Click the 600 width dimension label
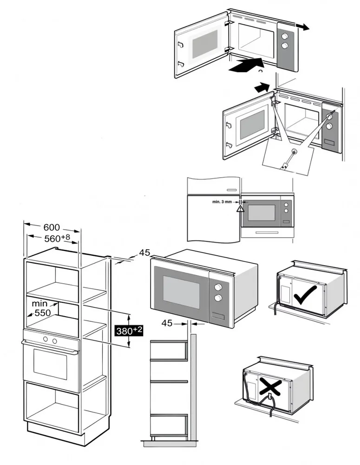coord(52,227)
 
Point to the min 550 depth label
coord(41,308)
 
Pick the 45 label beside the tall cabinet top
coord(144,253)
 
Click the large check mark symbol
coord(305,295)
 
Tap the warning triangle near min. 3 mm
coord(240,209)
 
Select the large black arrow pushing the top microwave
coord(245,66)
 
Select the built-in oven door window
coord(50,363)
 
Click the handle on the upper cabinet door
coord(230,189)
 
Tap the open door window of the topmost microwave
coord(204,44)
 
